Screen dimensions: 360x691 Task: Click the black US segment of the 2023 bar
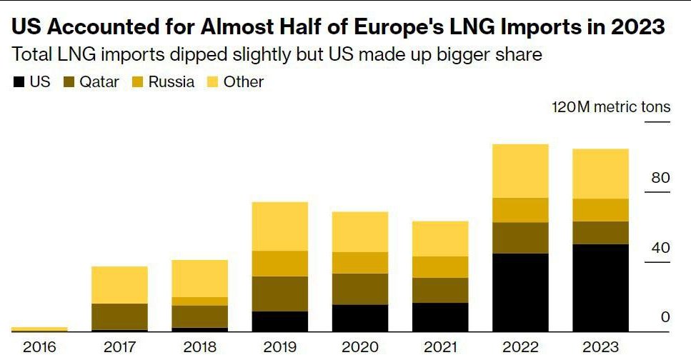pos(600,288)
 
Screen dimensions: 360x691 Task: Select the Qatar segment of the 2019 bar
pos(280,294)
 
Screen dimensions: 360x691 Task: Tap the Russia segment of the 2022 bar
pos(520,210)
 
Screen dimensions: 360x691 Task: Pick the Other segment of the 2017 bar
pos(119,285)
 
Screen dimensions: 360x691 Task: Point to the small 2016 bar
pos(39,329)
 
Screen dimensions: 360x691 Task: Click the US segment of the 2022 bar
pos(520,292)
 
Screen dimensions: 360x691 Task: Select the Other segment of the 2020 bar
pos(360,231)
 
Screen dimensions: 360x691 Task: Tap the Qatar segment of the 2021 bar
pos(440,290)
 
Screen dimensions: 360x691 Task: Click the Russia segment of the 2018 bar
pos(199,301)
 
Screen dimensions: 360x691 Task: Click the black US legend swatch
pos(19,82)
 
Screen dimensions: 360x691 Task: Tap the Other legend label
pos(243,82)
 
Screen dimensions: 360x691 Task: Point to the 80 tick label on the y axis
pos(660,178)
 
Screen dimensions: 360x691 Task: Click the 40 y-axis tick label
pos(660,248)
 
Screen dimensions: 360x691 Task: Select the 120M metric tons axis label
pos(611,107)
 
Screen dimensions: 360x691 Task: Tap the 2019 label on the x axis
pos(280,348)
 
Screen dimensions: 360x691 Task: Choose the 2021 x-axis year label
pos(440,348)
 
